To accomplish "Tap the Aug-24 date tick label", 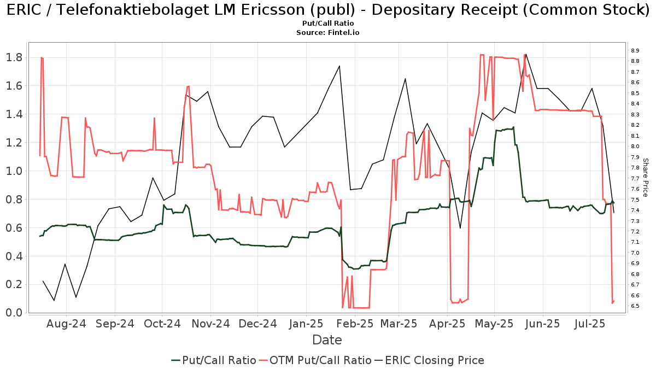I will (66, 324).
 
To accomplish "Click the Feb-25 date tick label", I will (354, 324).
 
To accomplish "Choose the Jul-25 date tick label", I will (589, 324).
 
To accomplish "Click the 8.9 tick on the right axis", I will (635, 51).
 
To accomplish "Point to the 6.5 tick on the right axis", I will (635, 306).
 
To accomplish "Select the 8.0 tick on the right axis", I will (635, 147).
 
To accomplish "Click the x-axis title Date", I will (327, 340).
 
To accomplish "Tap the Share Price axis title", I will (645, 178).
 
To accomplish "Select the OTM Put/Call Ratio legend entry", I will (315, 360).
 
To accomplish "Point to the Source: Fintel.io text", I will (327, 32).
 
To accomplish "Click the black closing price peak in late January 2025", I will (339, 66).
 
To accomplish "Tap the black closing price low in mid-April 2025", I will (460, 228).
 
